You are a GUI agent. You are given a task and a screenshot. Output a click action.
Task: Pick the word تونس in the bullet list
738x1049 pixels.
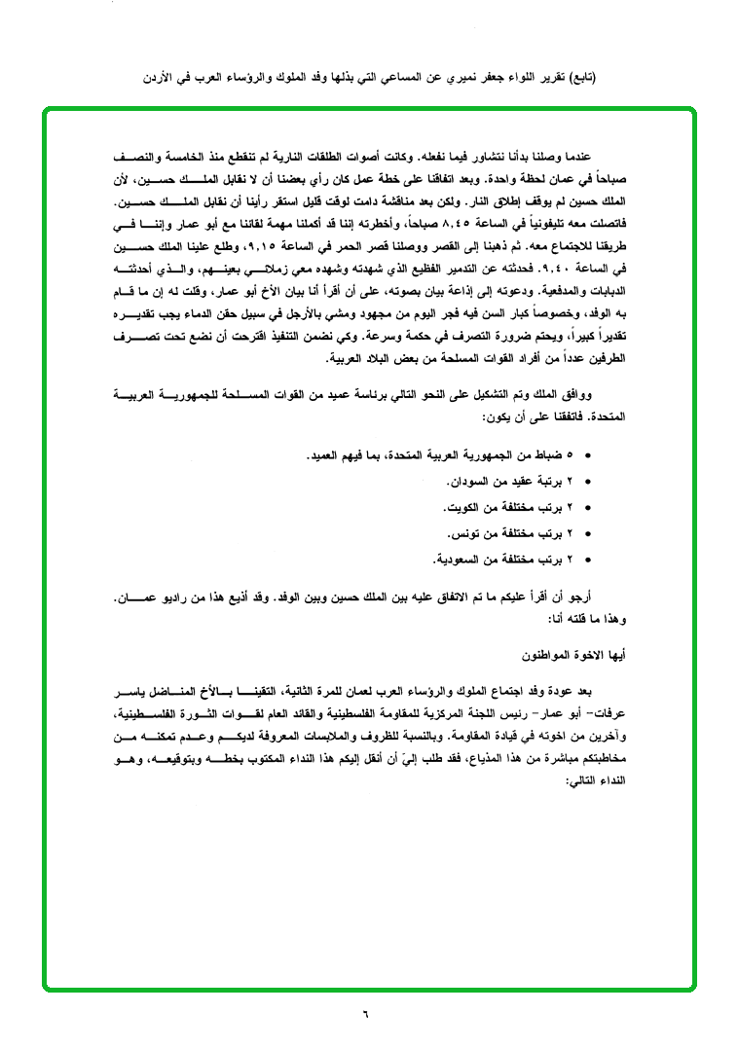(466, 534)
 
